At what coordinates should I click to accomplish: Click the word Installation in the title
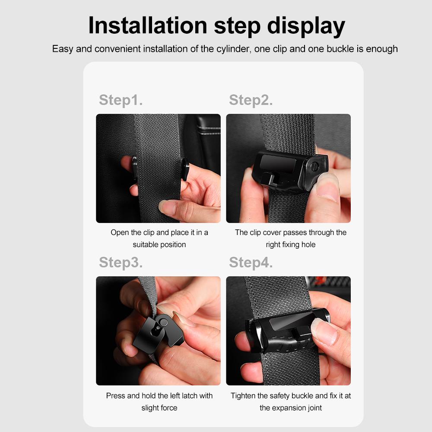click(148, 25)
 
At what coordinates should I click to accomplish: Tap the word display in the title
click(306, 27)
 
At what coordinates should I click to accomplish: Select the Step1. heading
click(121, 100)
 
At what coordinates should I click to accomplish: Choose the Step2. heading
click(251, 100)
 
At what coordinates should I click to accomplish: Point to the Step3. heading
click(121, 263)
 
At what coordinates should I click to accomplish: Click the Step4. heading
click(251, 263)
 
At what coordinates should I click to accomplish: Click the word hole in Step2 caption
click(308, 245)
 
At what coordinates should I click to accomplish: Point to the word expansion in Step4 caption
click(290, 408)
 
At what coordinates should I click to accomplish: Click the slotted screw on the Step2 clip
click(314, 166)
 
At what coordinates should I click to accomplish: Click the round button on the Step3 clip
click(163, 323)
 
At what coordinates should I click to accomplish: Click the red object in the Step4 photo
click(320, 281)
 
